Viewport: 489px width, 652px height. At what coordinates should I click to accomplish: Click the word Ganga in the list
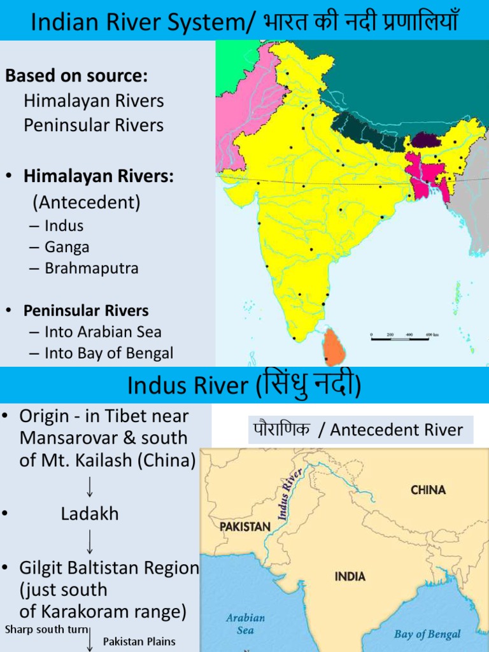(x=67, y=247)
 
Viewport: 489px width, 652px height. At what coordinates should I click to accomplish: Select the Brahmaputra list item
(x=91, y=269)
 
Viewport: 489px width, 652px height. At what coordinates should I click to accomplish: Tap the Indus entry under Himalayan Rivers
(x=64, y=225)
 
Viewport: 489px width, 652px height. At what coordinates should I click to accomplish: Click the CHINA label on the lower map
(x=428, y=490)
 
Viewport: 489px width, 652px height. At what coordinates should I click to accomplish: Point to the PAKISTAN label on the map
(x=245, y=527)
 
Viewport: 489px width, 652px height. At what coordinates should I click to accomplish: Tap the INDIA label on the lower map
(x=350, y=576)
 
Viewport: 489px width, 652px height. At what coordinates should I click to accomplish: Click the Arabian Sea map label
(x=245, y=624)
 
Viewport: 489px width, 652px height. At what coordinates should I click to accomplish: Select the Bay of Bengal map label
(x=427, y=634)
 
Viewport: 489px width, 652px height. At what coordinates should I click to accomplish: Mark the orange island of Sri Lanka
(x=333, y=348)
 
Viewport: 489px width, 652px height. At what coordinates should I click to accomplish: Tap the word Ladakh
(x=90, y=514)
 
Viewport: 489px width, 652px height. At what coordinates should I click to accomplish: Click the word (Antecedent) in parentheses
(x=87, y=202)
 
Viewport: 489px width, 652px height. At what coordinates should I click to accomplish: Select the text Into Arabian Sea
(x=103, y=332)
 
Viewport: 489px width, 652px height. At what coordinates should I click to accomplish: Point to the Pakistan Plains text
(x=139, y=641)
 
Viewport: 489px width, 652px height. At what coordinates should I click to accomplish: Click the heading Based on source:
(x=76, y=76)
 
